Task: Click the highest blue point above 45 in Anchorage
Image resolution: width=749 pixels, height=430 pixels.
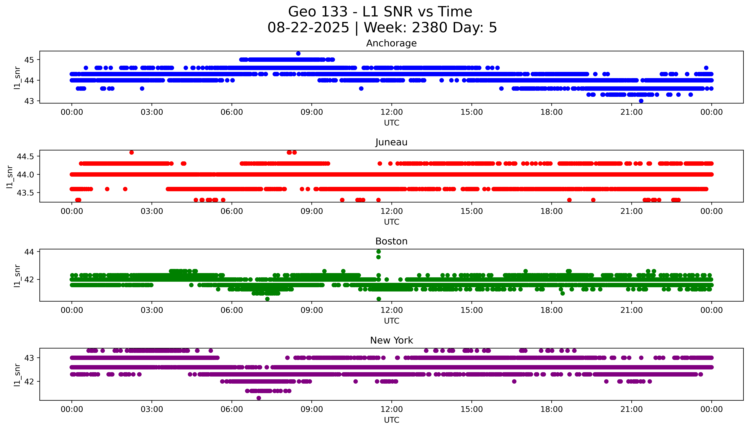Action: [298, 53]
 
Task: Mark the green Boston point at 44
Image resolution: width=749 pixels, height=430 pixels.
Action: [379, 252]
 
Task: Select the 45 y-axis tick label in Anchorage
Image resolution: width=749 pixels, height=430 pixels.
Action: [29, 60]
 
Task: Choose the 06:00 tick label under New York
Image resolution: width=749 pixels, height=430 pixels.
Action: [232, 409]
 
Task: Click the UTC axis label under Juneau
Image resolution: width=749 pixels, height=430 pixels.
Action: [391, 222]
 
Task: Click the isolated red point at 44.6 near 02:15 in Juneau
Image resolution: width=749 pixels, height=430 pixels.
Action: [132, 152]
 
